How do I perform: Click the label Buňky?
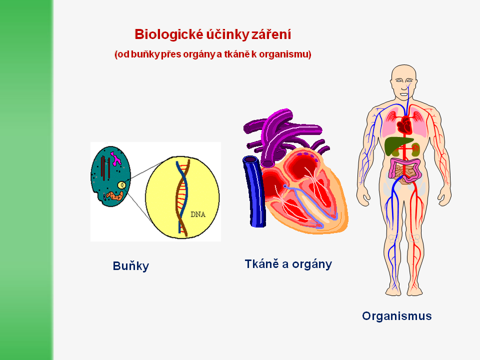coord(130,266)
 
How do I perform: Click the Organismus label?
coord(396,316)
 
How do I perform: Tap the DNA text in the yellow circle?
coord(198,215)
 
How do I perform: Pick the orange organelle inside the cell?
coord(114,196)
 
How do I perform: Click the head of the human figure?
coord(404,80)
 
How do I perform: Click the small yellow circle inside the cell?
coord(121,185)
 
